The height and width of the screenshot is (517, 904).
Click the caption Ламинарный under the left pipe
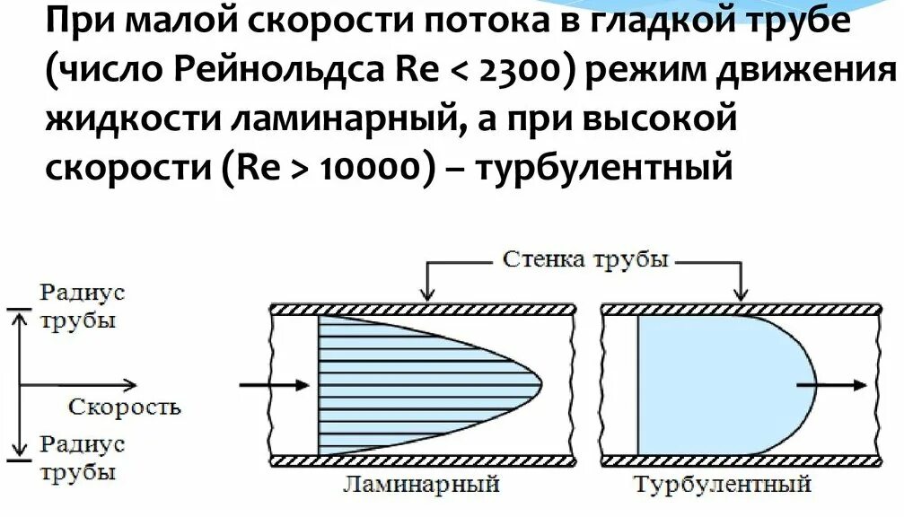[420, 486]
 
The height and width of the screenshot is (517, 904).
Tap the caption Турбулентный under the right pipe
[723, 486]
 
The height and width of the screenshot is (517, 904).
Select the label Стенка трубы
[585, 261]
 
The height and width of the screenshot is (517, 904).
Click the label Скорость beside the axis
[125, 407]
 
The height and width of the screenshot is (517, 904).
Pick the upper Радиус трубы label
[79, 306]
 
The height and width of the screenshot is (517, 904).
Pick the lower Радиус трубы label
[79, 458]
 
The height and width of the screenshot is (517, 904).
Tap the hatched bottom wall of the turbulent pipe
[741, 460]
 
